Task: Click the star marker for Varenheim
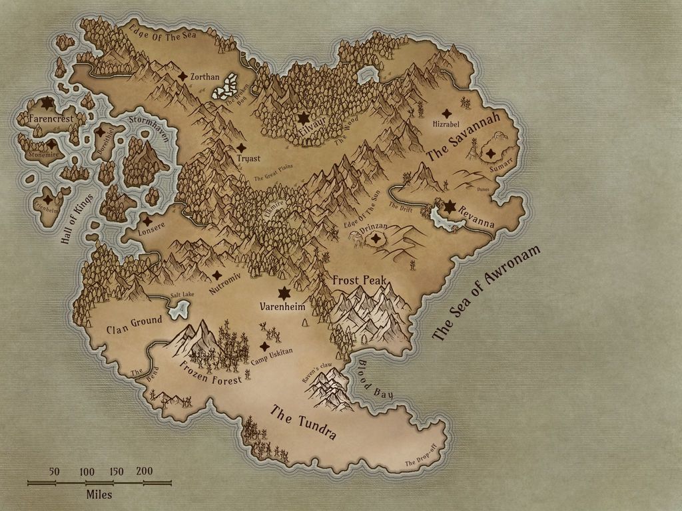[x=284, y=293]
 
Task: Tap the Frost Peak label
[x=360, y=280]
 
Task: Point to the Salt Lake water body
[x=178, y=307]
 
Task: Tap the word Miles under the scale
[x=99, y=494]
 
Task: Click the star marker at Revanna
[x=450, y=207]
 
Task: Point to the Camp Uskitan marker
[x=264, y=347]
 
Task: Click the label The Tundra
[x=302, y=423]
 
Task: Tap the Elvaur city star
[x=303, y=118]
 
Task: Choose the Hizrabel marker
[x=446, y=114]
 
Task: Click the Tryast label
[x=248, y=158]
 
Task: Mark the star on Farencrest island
[x=47, y=103]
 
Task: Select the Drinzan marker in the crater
[x=377, y=238]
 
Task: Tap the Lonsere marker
[x=147, y=220]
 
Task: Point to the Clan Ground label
[x=134, y=325]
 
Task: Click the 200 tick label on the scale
[x=144, y=471]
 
